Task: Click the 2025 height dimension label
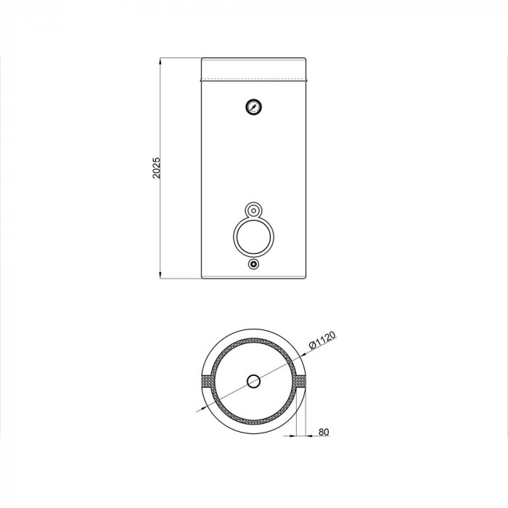157,168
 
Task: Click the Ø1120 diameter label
321,340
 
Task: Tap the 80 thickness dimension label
324,432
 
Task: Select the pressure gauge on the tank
254,107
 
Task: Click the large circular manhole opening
254,237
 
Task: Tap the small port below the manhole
254,264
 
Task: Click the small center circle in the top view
254,381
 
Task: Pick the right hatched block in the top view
299,381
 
